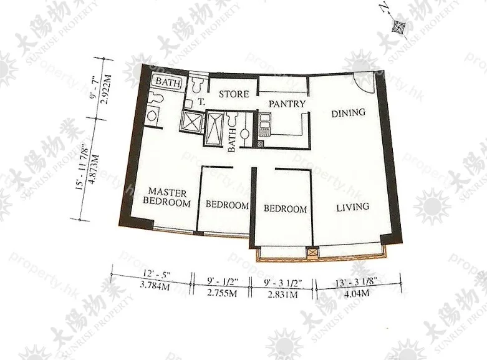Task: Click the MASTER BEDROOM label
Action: click(x=166, y=197)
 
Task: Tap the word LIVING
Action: click(x=353, y=207)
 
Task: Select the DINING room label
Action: click(x=348, y=113)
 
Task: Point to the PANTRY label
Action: click(x=287, y=104)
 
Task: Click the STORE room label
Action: click(x=234, y=94)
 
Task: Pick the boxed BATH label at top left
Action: click(x=168, y=82)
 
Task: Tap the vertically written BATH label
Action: click(x=232, y=141)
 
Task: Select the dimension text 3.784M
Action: click(x=155, y=285)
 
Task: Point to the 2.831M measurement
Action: click(x=282, y=294)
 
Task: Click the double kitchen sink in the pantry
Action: click(x=264, y=122)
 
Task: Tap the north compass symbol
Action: click(x=397, y=27)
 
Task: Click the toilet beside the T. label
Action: click(x=196, y=85)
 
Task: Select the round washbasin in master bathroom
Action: click(x=152, y=116)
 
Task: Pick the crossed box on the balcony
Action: click(x=312, y=252)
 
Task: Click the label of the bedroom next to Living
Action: click(x=285, y=208)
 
